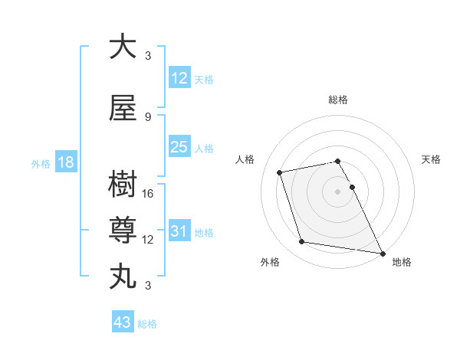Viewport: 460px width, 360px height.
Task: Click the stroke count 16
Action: point(149,194)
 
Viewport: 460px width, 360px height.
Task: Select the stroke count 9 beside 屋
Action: point(148,117)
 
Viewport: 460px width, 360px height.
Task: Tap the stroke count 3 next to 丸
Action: point(148,286)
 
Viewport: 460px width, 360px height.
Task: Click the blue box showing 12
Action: point(179,78)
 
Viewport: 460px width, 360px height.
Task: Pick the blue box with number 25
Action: point(179,147)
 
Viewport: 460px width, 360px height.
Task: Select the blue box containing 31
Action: point(179,231)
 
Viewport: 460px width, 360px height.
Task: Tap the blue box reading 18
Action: point(66,162)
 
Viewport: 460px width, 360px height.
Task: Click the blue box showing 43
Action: point(123,323)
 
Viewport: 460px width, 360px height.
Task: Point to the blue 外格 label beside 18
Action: point(41,164)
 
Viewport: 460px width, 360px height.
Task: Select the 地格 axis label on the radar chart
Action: point(402,263)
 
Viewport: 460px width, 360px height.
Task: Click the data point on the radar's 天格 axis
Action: point(352,187)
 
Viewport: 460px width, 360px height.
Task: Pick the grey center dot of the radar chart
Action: point(337,191)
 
